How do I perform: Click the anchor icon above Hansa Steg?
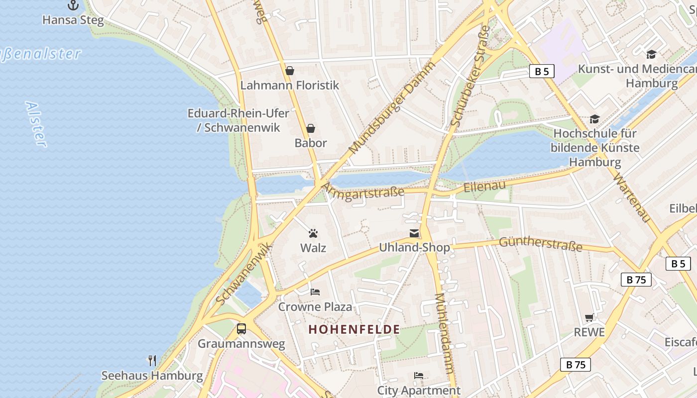[x=73, y=5]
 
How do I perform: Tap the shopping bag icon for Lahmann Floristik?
[x=290, y=71]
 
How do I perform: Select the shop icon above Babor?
[x=311, y=128]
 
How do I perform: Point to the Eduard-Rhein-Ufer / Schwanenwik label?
[x=238, y=120]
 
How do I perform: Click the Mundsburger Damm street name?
[x=392, y=107]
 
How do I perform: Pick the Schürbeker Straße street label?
[x=470, y=76]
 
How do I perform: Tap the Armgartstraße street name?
[x=363, y=191]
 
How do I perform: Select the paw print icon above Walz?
[x=313, y=233]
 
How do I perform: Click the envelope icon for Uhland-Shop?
[x=414, y=233]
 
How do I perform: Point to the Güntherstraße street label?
[x=540, y=244]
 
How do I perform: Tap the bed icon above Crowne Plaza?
[x=315, y=292]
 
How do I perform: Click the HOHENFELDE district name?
[x=354, y=329]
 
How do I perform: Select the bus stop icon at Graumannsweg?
[x=241, y=329]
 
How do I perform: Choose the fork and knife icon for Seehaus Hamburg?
[x=152, y=360]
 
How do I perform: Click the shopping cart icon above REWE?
[x=589, y=317]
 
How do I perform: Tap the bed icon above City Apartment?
[x=419, y=376]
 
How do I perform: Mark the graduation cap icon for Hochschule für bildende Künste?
[x=594, y=119]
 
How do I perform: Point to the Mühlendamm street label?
[x=445, y=333]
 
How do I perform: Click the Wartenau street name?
[x=632, y=198]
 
